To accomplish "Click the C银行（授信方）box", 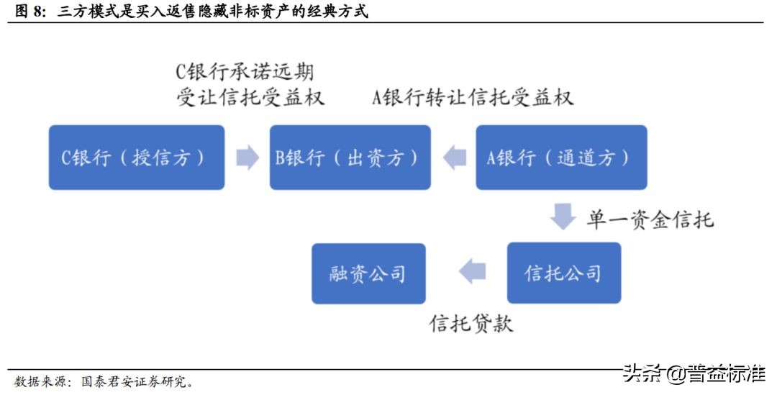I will click(137, 158).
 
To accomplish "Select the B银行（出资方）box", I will click(350, 158).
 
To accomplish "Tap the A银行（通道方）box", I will click(561, 158).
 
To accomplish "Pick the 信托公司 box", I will click(563, 273).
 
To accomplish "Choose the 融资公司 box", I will click(368, 273).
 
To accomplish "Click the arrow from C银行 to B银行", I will click(247, 158).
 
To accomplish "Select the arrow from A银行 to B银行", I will click(454, 158).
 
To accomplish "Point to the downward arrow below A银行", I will click(562, 217).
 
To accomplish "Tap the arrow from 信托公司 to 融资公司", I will click(473, 271).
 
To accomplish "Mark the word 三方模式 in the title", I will click(83, 12).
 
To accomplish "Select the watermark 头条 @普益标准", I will click(694, 373).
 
